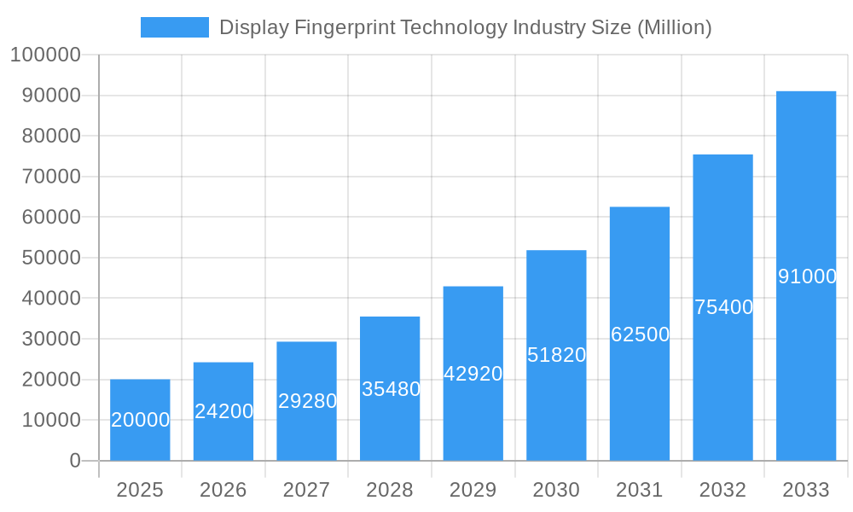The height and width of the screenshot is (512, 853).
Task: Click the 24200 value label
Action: pyautogui.click(x=223, y=411)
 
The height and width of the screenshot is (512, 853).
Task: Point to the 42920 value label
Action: pyautogui.click(x=473, y=374)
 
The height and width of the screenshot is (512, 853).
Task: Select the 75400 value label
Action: pyautogui.click(x=723, y=307)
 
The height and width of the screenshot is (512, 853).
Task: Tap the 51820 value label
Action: pyautogui.click(x=556, y=355)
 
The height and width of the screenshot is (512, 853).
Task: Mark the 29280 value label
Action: pyautogui.click(x=307, y=401)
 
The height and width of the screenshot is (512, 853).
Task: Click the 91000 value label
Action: pyautogui.click(x=807, y=276)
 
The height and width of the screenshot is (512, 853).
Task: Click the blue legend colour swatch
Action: pyautogui.click(x=174, y=27)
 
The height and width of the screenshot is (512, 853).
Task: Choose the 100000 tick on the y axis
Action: pyautogui.click(x=44, y=55)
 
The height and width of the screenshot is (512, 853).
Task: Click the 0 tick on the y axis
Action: pyautogui.click(x=75, y=461)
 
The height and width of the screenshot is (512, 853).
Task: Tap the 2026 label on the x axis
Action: pyautogui.click(x=223, y=490)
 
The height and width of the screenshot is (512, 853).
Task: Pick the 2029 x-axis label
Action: pyautogui.click(x=473, y=490)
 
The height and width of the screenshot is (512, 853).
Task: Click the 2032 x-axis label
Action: pyautogui.click(x=723, y=490)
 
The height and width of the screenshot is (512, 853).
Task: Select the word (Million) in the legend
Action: pyautogui.click(x=674, y=27)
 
